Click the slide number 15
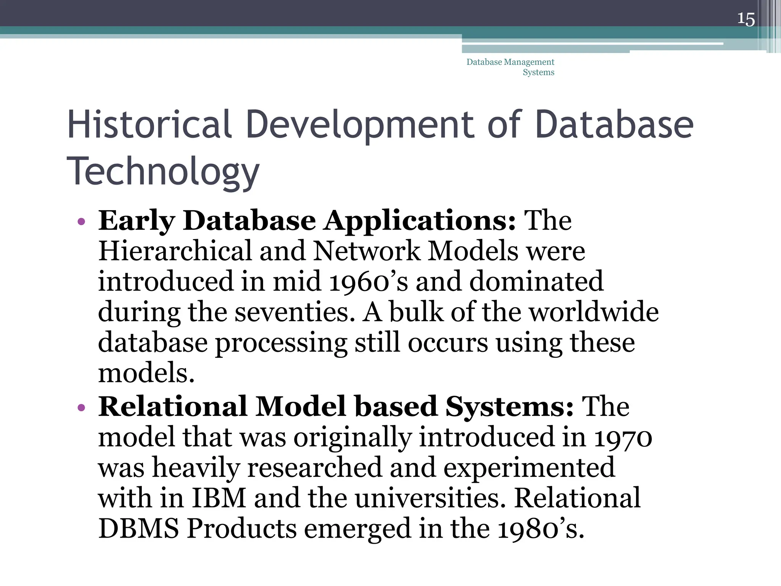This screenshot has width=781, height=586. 746,19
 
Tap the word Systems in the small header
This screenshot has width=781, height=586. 538,72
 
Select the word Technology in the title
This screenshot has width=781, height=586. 163,171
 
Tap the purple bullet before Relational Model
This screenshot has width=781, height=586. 80,408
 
